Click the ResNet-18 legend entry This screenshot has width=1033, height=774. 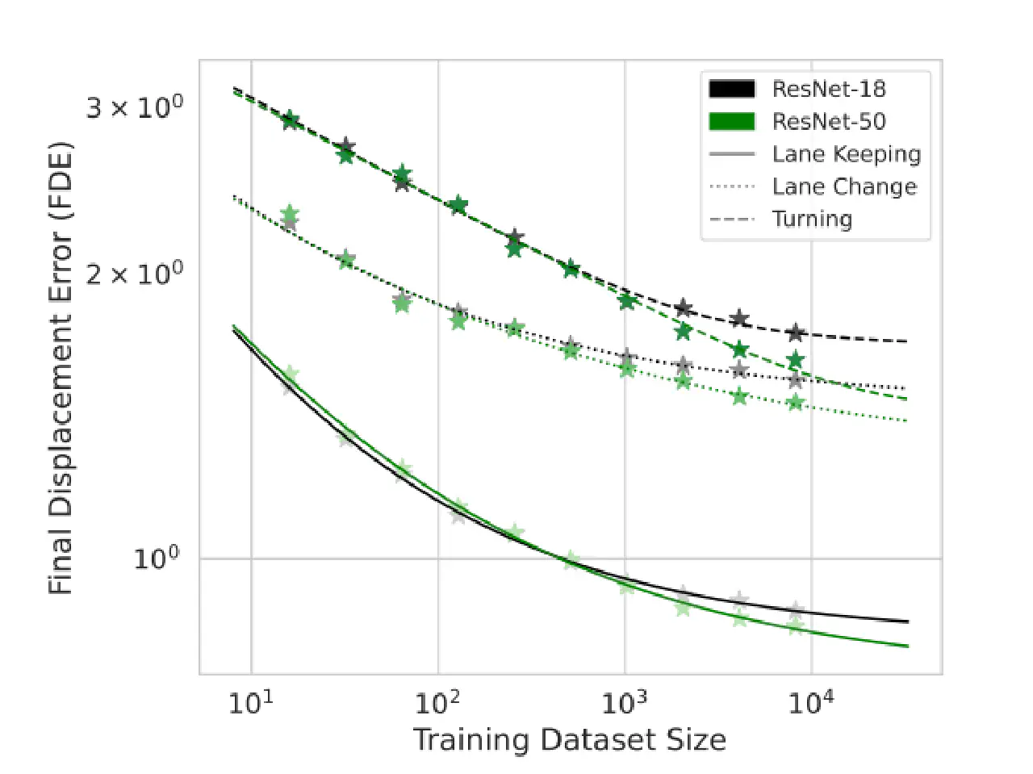coord(829,89)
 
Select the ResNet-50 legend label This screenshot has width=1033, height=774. coord(829,122)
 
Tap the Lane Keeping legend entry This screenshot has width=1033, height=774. coord(846,154)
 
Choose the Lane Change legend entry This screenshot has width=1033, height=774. coord(844,186)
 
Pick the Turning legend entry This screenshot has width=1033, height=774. coord(812,219)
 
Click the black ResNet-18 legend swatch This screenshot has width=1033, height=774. coord(731,89)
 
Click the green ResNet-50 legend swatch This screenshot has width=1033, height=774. coord(731,122)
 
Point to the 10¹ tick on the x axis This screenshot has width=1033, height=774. coord(251,702)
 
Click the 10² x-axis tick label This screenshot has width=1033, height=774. coord(438,702)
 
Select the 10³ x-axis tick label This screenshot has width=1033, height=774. coord(625,702)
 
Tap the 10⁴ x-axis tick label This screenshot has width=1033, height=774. coord(811,702)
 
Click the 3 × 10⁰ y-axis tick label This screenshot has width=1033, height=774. coord(135,107)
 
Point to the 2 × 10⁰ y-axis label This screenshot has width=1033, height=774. coord(135,274)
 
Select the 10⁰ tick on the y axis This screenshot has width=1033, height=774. coord(157,558)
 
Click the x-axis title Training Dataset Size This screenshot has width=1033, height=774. coord(570,740)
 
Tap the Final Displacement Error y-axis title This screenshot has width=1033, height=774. coord(61,368)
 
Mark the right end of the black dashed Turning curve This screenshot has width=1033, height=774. coord(907,341)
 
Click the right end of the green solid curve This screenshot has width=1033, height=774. coord(908,646)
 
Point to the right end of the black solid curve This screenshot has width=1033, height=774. coord(908,621)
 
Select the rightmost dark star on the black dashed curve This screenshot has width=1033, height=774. coord(796,333)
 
